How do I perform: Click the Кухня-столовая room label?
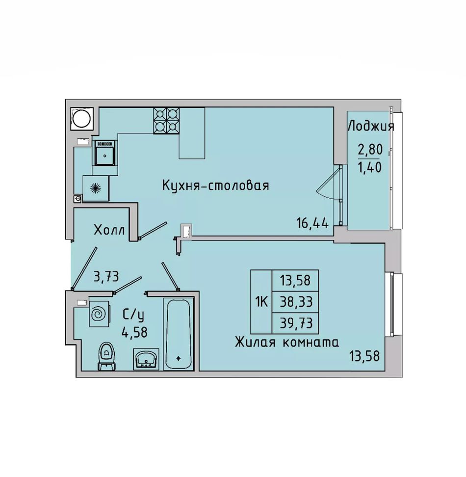[216, 185]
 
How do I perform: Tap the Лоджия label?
[371, 126]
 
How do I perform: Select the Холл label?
[109, 230]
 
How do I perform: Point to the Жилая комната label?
[287, 343]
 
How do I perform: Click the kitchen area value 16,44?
[312, 224]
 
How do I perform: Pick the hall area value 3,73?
[106, 277]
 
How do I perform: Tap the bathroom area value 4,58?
[134, 332]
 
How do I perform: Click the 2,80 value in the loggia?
[370, 150]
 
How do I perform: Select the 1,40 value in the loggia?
[370, 167]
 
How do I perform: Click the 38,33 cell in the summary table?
[295, 302]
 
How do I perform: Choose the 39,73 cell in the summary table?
[295, 323]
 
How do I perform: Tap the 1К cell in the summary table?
[261, 302]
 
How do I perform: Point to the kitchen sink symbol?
[104, 153]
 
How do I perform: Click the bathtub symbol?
[179, 334]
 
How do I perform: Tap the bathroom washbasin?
[146, 359]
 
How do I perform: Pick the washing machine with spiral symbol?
[99, 314]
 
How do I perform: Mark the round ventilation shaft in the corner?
[82, 119]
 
